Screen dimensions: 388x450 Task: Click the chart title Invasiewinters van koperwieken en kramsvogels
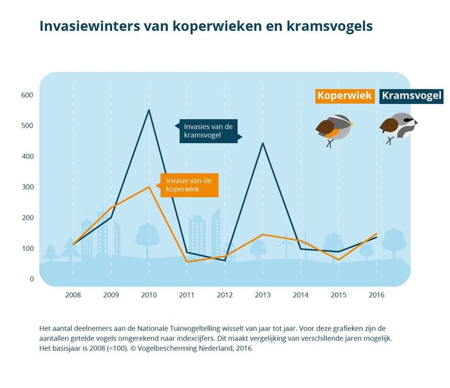pos(206,26)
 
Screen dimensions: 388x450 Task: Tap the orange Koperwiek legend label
pos(344,96)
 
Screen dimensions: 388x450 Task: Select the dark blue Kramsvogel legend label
pos(411,96)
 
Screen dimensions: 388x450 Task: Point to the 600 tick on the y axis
pos(27,95)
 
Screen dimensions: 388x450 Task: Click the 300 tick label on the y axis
pos(27,187)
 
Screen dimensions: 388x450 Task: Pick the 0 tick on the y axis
pos(32,279)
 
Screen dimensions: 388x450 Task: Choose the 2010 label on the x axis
pos(149,295)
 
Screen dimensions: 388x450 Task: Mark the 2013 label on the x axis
pos(263,295)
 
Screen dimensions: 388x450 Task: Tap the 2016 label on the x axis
pos(377,295)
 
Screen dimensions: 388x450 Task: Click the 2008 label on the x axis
pos(73,295)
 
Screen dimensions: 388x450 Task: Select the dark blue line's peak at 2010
pos(149,110)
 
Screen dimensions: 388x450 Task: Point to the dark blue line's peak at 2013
pos(263,143)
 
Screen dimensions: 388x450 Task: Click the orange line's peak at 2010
pos(149,187)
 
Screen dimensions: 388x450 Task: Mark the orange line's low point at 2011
pos(187,262)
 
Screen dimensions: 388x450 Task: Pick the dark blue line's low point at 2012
pos(225,261)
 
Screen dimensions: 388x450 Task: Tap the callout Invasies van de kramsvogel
pos(209,131)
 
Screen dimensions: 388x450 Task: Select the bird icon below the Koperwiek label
pos(334,128)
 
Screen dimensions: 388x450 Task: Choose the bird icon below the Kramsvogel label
pos(397,127)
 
